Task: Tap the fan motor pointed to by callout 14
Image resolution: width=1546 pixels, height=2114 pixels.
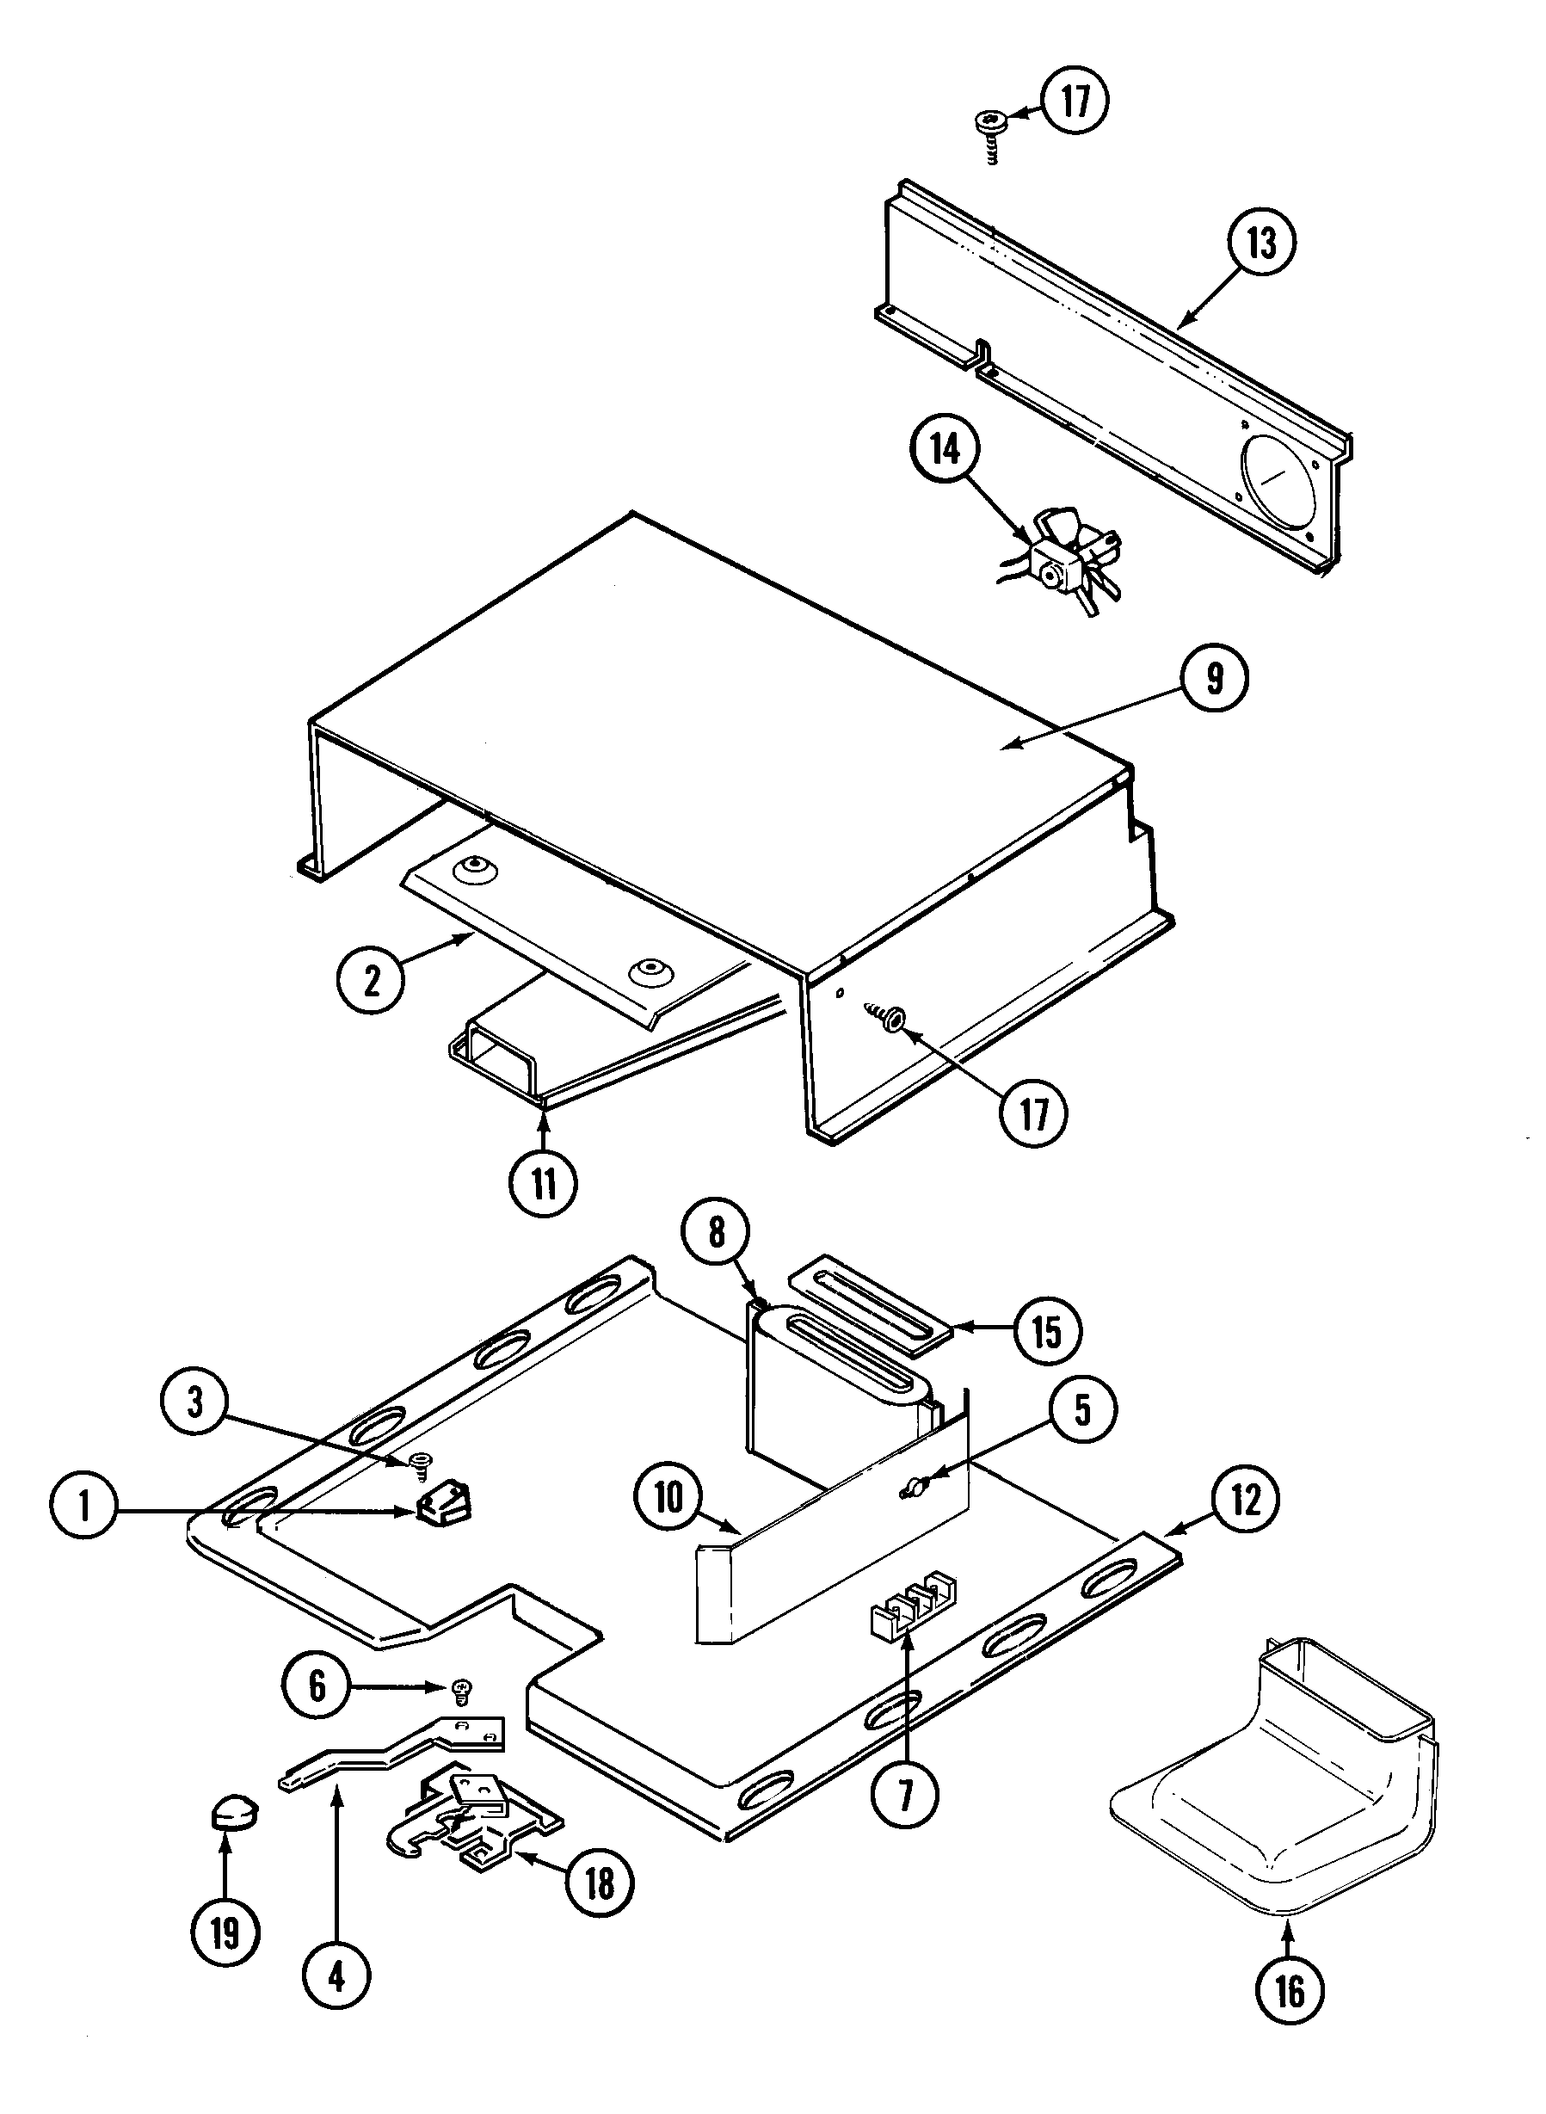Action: [1064, 564]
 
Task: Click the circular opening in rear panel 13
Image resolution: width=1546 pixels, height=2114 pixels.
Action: [1280, 479]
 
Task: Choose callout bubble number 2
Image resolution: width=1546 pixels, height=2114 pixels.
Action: [372, 981]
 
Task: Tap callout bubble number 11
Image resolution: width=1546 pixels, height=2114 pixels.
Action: [544, 1183]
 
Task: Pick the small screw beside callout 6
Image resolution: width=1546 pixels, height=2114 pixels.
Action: [460, 1687]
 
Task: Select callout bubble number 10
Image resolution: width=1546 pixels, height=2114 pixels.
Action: [668, 1496]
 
